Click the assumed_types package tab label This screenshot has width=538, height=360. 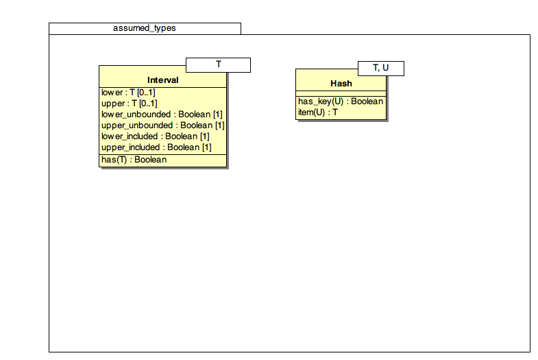click(x=145, y=28)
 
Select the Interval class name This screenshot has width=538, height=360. click(x=163, y=80)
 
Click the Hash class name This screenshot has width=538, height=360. click(x=341, y=84)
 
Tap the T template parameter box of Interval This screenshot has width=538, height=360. click(x=218, y=65)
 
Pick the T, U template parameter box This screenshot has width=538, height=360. click(x=381, y=69)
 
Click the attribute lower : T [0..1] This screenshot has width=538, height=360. click(x=128, y=93)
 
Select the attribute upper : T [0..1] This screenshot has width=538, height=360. click(x=130, y=104)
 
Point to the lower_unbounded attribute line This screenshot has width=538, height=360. click(x=162, y=115)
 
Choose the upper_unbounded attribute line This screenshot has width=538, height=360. click(x=163, y=125)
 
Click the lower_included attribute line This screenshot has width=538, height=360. click(x=156, y=136)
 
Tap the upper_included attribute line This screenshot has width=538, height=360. click(x=156, y=147)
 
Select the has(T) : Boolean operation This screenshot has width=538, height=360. click(x=134, y=160)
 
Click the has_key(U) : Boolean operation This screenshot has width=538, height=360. click(x=341, y=101)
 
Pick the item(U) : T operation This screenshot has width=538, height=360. click(x=318, y=112)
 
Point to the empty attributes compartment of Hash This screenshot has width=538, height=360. click(x=341, y=93)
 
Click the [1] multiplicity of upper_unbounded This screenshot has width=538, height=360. click(x=219, y=125)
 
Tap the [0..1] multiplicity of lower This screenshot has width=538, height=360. click(x=146, y=93)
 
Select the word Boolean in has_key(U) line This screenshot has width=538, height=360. click(x=367, y=101)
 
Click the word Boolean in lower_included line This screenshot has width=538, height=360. click(x=181, y=136)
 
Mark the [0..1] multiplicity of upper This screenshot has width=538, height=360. click(x=148, y=104)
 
